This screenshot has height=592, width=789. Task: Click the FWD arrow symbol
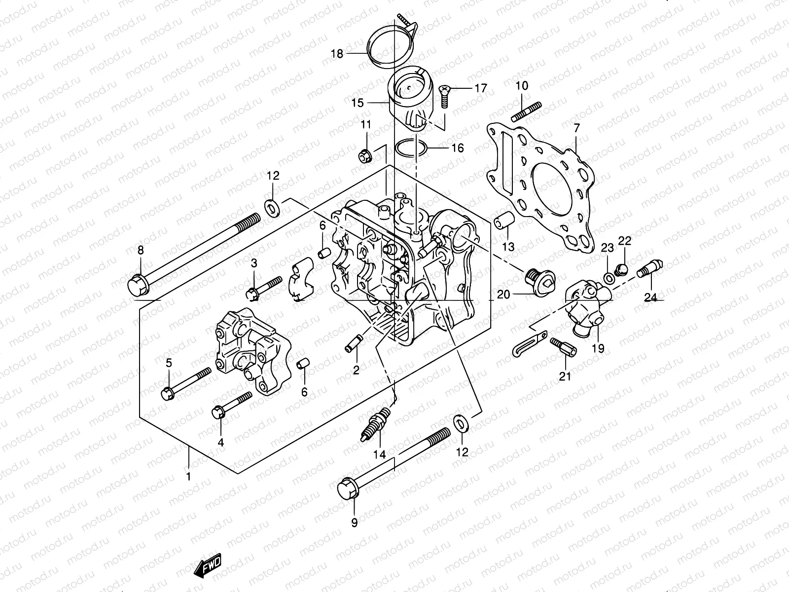(209, 566)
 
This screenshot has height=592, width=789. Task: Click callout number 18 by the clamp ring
(337, 54)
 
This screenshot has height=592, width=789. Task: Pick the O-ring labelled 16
(410, 148)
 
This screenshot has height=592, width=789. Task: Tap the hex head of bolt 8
(136, 286)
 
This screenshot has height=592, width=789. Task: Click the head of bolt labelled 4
(219, 411)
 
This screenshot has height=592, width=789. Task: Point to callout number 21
(565, 377)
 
